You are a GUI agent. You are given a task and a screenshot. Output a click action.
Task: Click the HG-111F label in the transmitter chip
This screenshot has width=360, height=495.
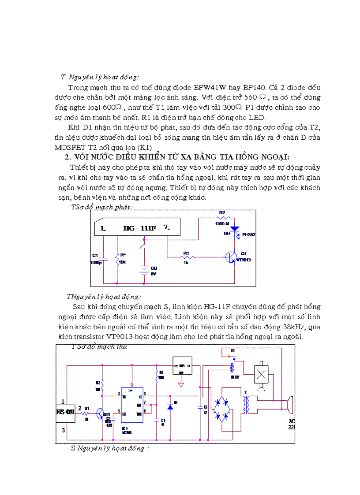140,228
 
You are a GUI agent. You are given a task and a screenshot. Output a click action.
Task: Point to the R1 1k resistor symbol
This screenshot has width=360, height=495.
187,257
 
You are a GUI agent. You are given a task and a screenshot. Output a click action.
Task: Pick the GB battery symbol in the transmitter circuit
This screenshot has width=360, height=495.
143,270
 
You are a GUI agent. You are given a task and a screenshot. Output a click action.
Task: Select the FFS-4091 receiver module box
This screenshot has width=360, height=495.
65,413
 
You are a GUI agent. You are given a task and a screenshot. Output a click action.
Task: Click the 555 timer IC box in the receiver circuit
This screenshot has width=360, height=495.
132,406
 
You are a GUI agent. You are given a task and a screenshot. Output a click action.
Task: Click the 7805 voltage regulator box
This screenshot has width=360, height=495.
182,365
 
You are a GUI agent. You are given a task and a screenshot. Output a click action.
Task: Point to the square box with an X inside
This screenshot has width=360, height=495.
262,374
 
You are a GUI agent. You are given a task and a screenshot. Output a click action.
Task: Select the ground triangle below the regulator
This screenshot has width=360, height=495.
180,385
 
